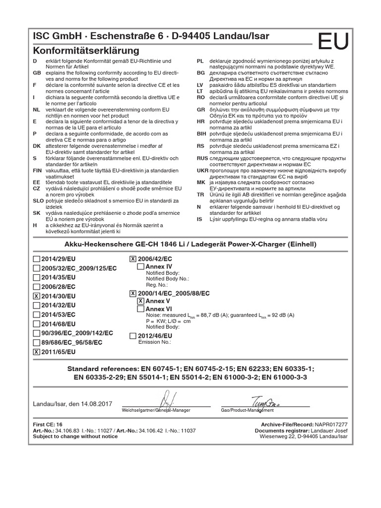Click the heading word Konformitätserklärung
pyautogui.click(x=86, y=51)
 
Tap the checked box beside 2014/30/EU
pyautogui.click(x=36, y=296)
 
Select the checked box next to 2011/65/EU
pyautogui.click(x=36, y=352)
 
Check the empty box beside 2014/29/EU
pyautogui.click(x=36, y=258)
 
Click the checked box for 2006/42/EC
pyautogui.click(x=132, y=258)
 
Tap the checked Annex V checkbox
pyautogui.click(x=140, y=301)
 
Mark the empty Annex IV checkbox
pyautogui.click(x=140, y=266)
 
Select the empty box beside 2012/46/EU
pyautogui.click(x=132, y=336)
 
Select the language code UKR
pyautogui.click(x=201, y=170)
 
